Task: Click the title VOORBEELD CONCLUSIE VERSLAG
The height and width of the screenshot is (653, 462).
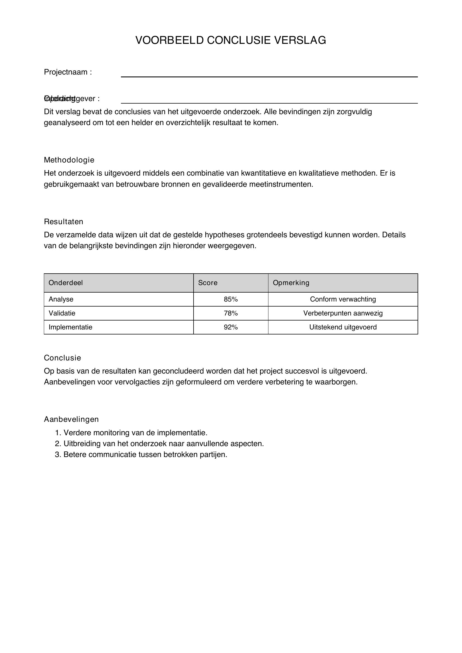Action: pyautogui.click(x=230, y=40)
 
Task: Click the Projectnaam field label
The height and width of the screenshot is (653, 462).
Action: pyautogui.click(x=68, y=72)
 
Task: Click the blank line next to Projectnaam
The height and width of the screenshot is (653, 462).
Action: pyautogui.click(x=269, y=75)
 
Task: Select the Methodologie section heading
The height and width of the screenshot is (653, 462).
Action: pyautogui.click(x=69, y=160)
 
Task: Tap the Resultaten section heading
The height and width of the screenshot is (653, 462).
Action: pyautogui.click(x=63, y=222)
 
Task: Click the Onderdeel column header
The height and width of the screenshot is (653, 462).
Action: pyautogui.click(x=66, y=283)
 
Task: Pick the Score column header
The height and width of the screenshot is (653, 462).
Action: pyautogui.click(x=208, y=283)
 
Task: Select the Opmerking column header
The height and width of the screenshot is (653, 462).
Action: pyautogui.click(x=291, y=283)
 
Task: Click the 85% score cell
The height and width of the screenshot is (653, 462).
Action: pyautogui.click(x=230, y=299)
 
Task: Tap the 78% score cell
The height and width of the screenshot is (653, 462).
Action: pyautogui.click(x=230, y=313)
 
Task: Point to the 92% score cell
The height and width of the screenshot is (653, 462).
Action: pyautogui.click(x=230, y=327)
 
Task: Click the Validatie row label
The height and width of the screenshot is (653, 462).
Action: pyautogui.click(x=62, y=313)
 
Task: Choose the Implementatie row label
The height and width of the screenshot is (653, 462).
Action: pyautogui.click(x=71, y=327)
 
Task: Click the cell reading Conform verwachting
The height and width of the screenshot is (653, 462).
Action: pyautogui.click(x=343, y=299)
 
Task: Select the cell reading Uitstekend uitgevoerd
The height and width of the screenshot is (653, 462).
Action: pyautogui.click(x=343, y=327)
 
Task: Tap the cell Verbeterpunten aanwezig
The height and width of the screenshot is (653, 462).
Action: pyautogui.click(x=343, y=313)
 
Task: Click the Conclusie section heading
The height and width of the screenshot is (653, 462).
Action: pyautogui.click(x=63, y=358)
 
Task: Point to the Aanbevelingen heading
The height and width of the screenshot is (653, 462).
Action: pyautogui.click(x=72, y=419)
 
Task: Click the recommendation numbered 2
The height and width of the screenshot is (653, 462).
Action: pyautogui.click(x=163, y=444)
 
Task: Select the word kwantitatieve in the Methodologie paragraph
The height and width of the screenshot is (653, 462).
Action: pyautogui.click(x=263, y=173)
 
